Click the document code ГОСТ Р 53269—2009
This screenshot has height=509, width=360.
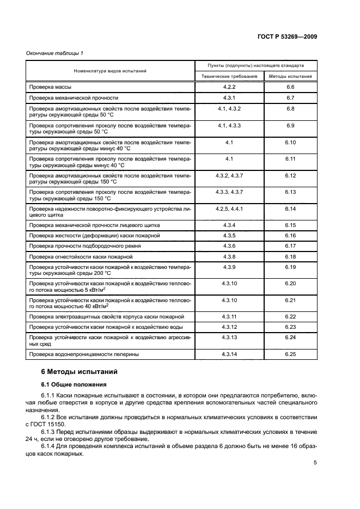[287, 36]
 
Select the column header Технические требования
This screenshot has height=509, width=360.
[229, 77]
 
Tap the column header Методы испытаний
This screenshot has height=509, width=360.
[290, 77]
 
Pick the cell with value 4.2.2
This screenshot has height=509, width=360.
[229, 87]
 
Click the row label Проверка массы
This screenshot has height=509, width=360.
[50, 87]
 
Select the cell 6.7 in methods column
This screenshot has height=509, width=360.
[290, 98]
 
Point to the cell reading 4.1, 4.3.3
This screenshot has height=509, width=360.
[229, 126]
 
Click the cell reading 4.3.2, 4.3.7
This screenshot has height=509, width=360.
[229, 175]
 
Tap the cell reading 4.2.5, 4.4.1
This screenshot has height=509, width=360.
[229, 208]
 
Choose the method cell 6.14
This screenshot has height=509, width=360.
[290, 208]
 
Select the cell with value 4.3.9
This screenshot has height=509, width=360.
[229, 267]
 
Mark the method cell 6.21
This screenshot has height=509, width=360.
[290, 300]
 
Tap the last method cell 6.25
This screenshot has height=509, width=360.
[290, 354]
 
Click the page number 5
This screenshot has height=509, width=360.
[315, 463]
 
